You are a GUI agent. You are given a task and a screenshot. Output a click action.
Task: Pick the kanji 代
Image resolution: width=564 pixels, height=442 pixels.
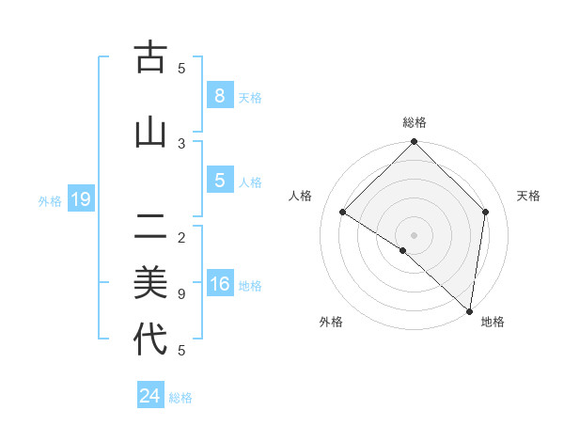[149, 339]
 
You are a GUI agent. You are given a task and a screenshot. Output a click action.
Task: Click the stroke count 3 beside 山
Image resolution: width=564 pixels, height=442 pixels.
[181, 143]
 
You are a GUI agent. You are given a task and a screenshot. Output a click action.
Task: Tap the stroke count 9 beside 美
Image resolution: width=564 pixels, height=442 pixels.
[181, 294]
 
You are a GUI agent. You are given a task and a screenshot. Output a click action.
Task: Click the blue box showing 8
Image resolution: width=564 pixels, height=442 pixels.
[219, 95]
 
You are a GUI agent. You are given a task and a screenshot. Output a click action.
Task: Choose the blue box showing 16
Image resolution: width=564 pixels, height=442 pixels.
[219, 285]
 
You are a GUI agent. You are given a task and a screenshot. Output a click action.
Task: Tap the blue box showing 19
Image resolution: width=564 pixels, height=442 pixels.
[80, 199]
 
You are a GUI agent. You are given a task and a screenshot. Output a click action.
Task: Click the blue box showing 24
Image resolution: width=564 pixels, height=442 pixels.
[149, 396]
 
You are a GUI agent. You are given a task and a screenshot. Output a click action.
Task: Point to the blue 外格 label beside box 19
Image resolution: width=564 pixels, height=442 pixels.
[50, 200]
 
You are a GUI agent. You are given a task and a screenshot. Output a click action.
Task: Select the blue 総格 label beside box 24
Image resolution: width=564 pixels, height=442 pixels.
[180, 398]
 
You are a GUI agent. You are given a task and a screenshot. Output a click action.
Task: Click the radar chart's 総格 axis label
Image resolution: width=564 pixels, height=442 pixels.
[415, 122]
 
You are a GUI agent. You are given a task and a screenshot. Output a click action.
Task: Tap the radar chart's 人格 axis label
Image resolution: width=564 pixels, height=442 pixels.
[301, 196]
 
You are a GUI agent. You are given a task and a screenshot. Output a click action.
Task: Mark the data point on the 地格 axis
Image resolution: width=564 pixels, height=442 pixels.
[469, 311]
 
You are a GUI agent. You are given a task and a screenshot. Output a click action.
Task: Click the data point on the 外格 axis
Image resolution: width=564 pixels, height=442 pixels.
[403, 251]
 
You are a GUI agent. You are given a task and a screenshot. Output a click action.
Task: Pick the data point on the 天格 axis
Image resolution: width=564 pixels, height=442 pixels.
[486, 212]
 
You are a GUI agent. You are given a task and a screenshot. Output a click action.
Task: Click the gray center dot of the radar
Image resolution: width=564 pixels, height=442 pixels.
[414, 234]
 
